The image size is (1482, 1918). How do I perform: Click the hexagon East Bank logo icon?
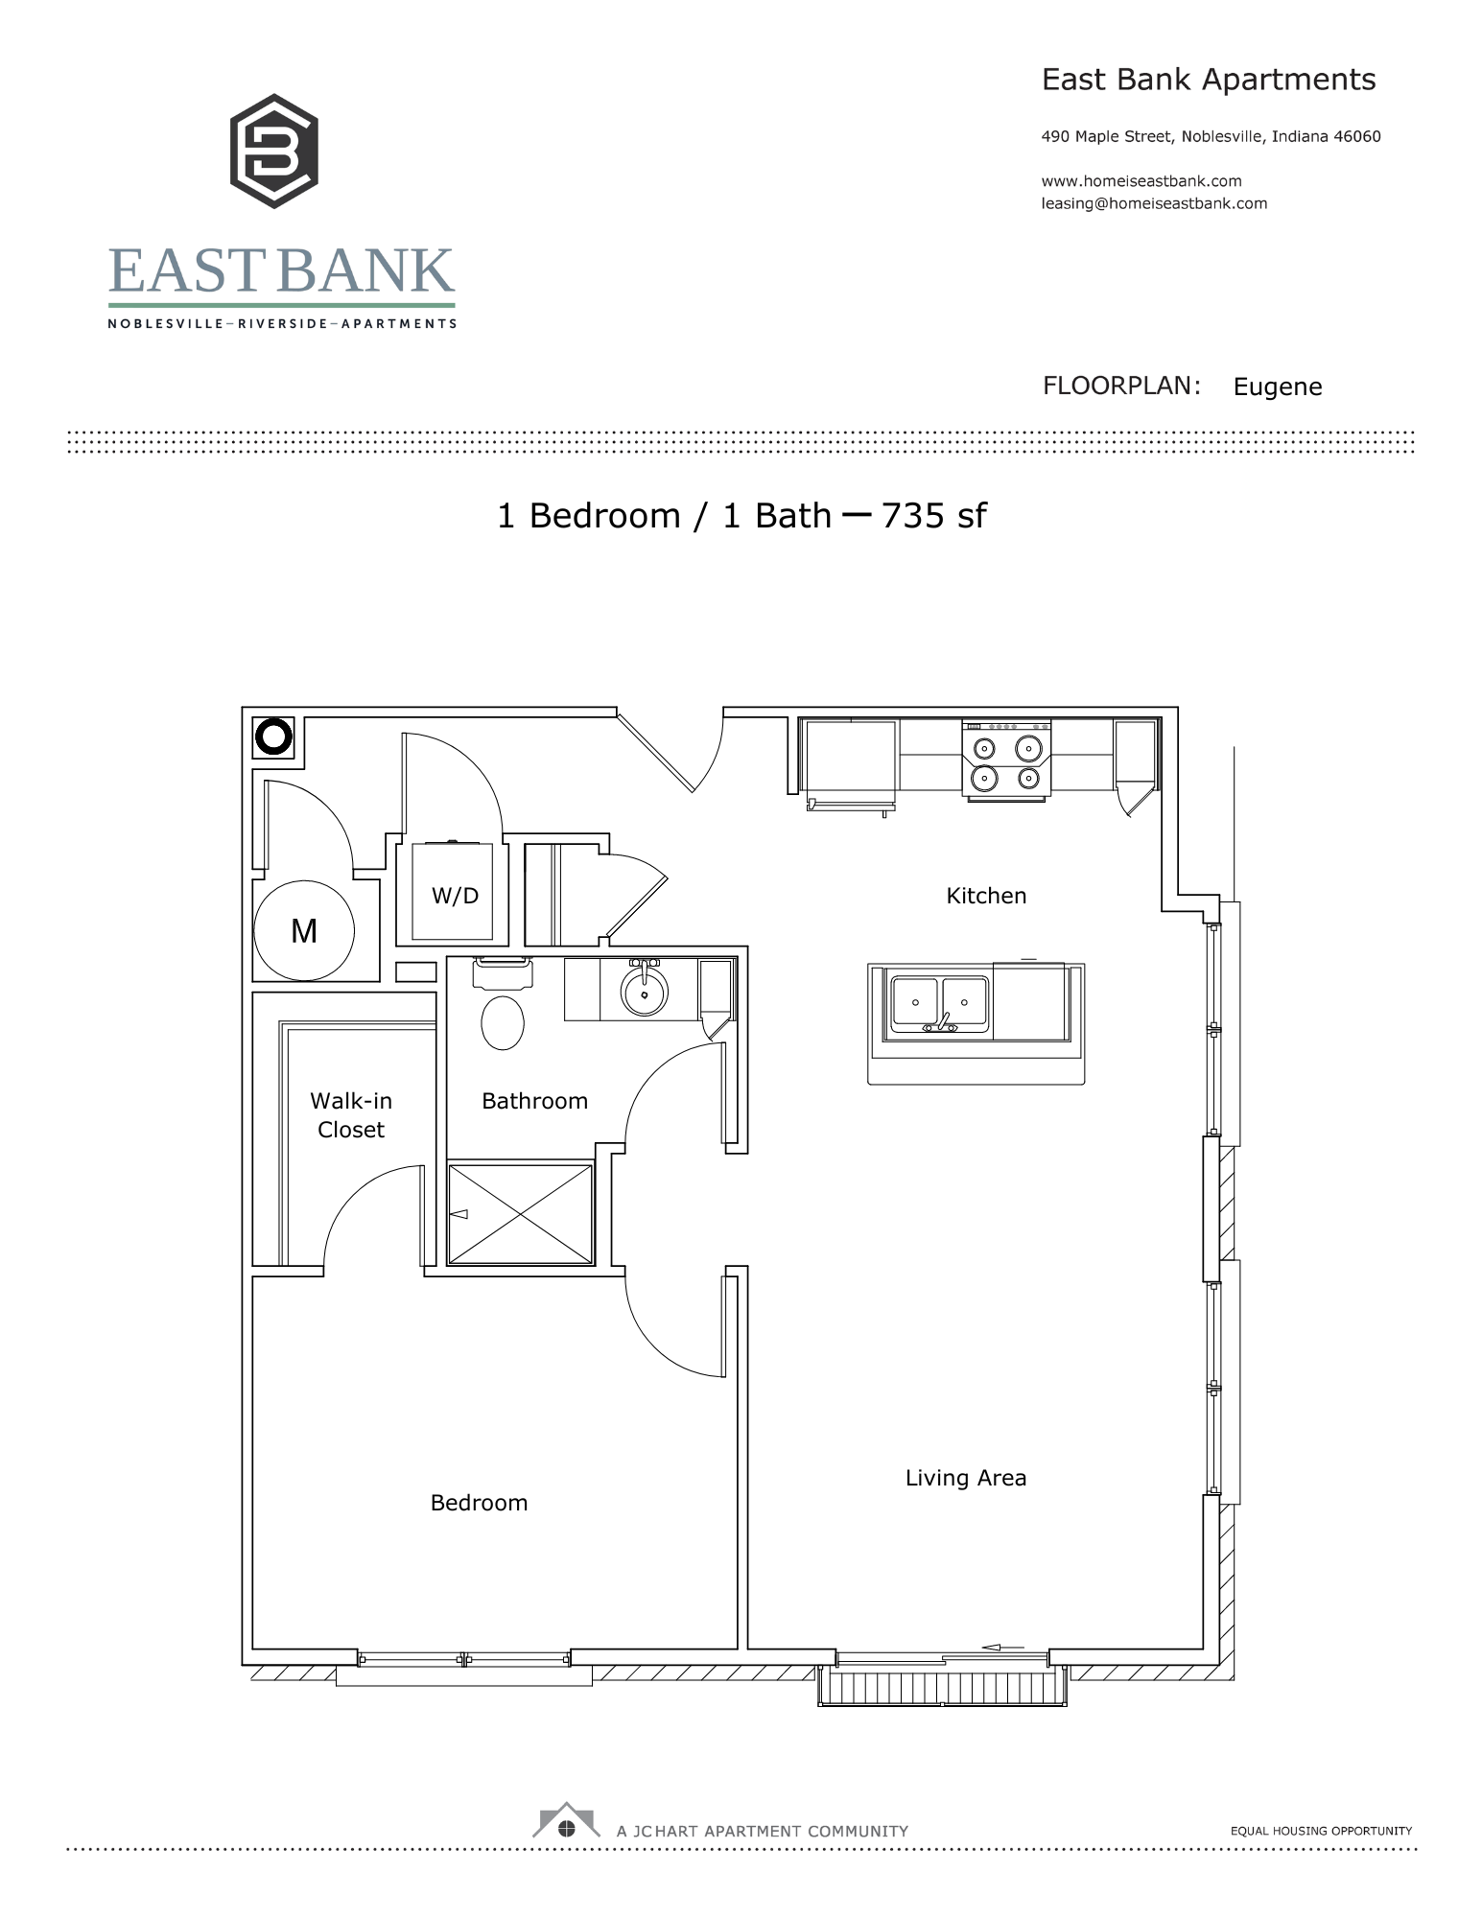click(274, 152)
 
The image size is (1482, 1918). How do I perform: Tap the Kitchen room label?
click(986, 896)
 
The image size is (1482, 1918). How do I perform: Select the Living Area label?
click(965, 1478)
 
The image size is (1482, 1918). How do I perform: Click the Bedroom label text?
click(479, 1503)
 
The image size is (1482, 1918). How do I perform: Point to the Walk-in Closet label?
click(351, 1114)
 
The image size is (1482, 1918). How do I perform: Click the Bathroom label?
click(534, 1101)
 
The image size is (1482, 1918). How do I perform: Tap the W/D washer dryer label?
click(455, 896)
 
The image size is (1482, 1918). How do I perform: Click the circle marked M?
click(304, 930)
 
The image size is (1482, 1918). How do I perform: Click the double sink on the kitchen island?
click(939, 1004)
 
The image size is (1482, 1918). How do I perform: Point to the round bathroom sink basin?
click(645, 992)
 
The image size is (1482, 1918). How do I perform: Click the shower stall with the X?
click(521, 1214)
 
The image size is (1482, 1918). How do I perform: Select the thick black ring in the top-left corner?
click(273, 737)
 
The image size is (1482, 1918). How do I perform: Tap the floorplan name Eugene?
click(1278, 386)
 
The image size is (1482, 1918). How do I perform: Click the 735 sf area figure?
click(933, 516)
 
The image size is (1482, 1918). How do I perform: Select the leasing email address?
click(1154, 203)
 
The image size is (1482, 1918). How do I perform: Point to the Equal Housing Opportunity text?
click(1321, 1831)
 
